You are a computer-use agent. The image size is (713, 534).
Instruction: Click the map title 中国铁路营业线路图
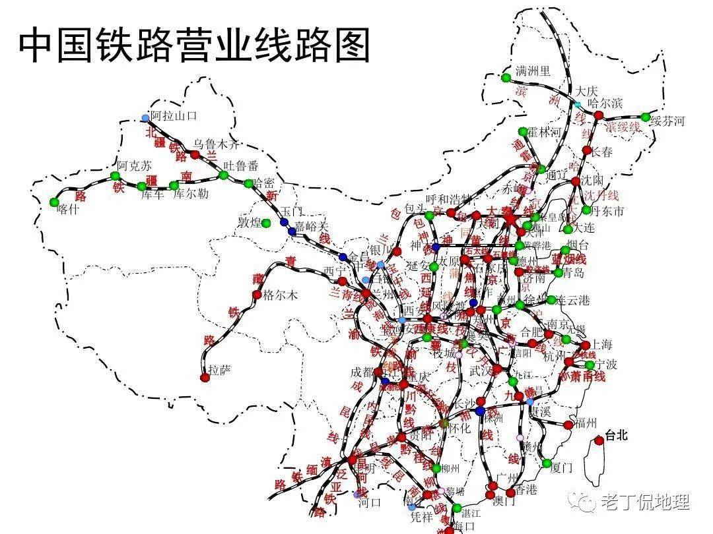pyautogui.click(x=194, y=44)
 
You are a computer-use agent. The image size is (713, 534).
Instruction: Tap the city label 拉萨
pyautogui.click(x=220, y=370)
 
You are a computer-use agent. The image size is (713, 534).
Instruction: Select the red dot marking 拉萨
pyautogui.click(x=205, y=378)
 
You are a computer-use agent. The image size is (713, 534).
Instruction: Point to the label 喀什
pyautogui.click(x=67, y=209)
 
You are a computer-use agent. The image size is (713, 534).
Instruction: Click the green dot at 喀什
pyautogui.click(x=54, y=202)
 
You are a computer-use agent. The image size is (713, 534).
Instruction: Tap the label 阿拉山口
pyautogui.click(x=174, y=116)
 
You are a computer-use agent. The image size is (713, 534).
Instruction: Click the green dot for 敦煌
pyautogui.click(x=266, y=223)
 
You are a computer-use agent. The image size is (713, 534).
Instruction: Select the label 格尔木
pyautogui.click(x=281, y=295)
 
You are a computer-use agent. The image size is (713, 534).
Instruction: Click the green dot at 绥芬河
pyautogui.click(x=645, y=117)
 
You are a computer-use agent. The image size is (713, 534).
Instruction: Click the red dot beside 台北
pyautogui.click(x=599, y=440)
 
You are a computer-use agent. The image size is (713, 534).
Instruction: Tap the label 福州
pyautogui.click(x=586, y=422)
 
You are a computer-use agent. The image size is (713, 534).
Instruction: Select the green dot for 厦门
pyautogui.click(x=547, y=463)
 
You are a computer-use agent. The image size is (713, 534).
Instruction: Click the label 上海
pyautogui.click(x=602, y=343)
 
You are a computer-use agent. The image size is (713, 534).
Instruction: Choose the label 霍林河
pyautogui.click(x=545, y=132)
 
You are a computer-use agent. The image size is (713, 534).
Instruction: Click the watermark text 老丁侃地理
pyautogui.click(x=644, y=502)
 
